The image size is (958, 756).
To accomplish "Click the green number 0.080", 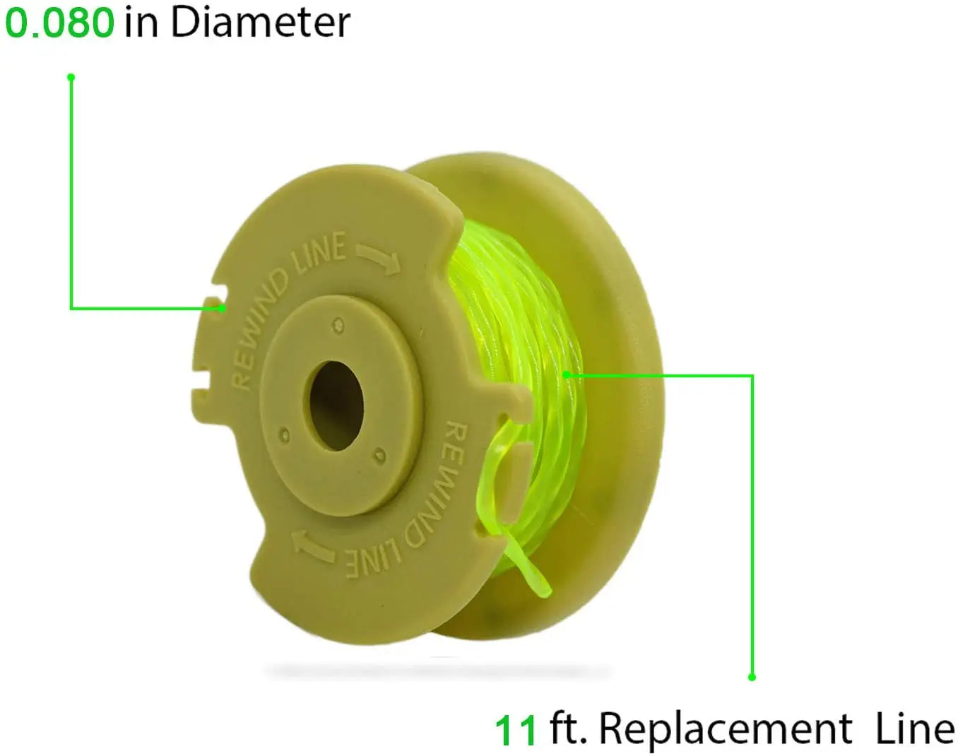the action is click(x=59, y=23).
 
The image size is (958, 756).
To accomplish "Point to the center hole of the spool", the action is click(x=336, y=405).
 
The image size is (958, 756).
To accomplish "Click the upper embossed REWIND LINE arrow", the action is click(x=379, y=258).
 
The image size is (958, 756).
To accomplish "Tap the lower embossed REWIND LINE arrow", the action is click(x=313, y=546).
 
